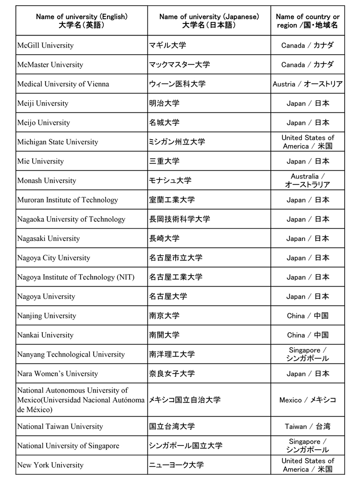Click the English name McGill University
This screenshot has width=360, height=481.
coord(46,46)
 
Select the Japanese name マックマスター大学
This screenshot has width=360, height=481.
coord(180,65)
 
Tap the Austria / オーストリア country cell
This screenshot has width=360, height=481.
coord(308,84)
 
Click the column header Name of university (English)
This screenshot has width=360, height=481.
coord(82,21)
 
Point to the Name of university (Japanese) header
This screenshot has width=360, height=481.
coord(209,21)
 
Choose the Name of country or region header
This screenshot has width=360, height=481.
coord(308,21)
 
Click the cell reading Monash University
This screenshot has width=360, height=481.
coord(47,181)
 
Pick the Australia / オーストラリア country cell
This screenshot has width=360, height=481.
coord(308,180)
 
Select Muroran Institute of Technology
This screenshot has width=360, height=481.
coord(67,200)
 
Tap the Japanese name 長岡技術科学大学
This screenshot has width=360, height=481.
coord(180,219)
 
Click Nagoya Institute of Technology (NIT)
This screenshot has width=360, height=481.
coord(76,277)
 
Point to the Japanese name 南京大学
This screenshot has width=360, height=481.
coord(164,316)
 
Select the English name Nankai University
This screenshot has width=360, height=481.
coord(45,335)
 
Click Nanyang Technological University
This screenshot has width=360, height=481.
coord(71,354)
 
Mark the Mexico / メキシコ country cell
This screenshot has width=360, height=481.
coord(308,400)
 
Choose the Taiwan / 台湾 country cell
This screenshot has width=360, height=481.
coord(308,426)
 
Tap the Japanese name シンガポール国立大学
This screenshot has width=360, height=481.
coord(186,445)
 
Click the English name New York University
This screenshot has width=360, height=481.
coord(50,465)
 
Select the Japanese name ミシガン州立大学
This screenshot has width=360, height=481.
coord(177,142)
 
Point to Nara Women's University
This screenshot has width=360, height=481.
coord(58,373)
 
